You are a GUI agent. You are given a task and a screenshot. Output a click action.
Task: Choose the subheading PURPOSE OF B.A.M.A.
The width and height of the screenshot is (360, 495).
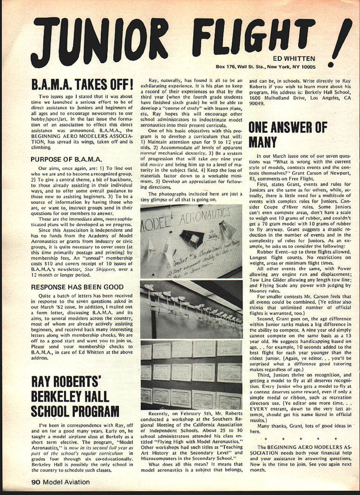point(66,160)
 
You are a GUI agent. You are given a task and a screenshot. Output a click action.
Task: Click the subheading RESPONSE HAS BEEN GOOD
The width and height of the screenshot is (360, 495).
point(77,287)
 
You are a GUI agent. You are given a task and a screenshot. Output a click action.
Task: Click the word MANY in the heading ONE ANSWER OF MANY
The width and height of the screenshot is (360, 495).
point(263,142)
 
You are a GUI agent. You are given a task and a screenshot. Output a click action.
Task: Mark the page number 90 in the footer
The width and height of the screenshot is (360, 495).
point(36,482)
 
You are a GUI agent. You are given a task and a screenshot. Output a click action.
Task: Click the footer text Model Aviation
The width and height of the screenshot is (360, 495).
point(66,482)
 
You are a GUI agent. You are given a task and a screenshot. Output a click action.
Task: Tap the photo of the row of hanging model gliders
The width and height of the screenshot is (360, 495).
point(191,309)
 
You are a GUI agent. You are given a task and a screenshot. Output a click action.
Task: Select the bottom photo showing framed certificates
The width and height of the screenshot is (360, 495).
point(191,375)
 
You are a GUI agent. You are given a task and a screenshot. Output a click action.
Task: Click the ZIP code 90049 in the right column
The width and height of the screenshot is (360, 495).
point(257,104)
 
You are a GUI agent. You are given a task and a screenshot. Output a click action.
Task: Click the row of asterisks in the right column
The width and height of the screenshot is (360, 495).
point(300,439)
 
